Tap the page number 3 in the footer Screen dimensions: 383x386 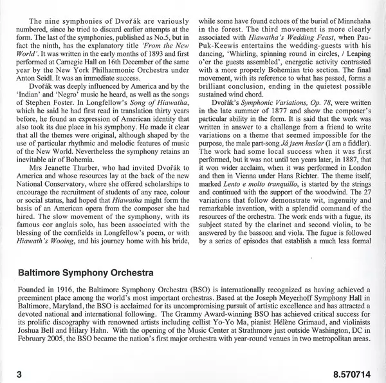[21, 372]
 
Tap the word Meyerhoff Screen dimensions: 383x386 [261, 299]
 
